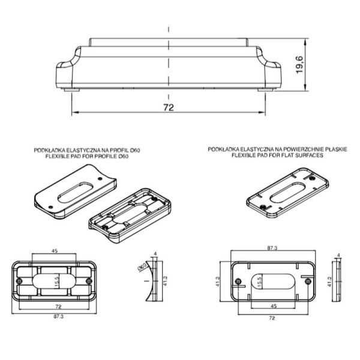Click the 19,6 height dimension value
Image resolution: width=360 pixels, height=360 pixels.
[x=299, y=65]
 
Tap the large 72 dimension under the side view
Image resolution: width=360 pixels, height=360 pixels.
[x=169, y=107]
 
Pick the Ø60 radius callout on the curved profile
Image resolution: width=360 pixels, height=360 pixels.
[x=142, y=267]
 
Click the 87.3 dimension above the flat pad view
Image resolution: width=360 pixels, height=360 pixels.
[x=272, y=248]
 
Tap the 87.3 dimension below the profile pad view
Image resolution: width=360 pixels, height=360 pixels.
[x=59, y=316]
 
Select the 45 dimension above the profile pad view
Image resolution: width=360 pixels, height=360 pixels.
[x=55, y=251]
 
